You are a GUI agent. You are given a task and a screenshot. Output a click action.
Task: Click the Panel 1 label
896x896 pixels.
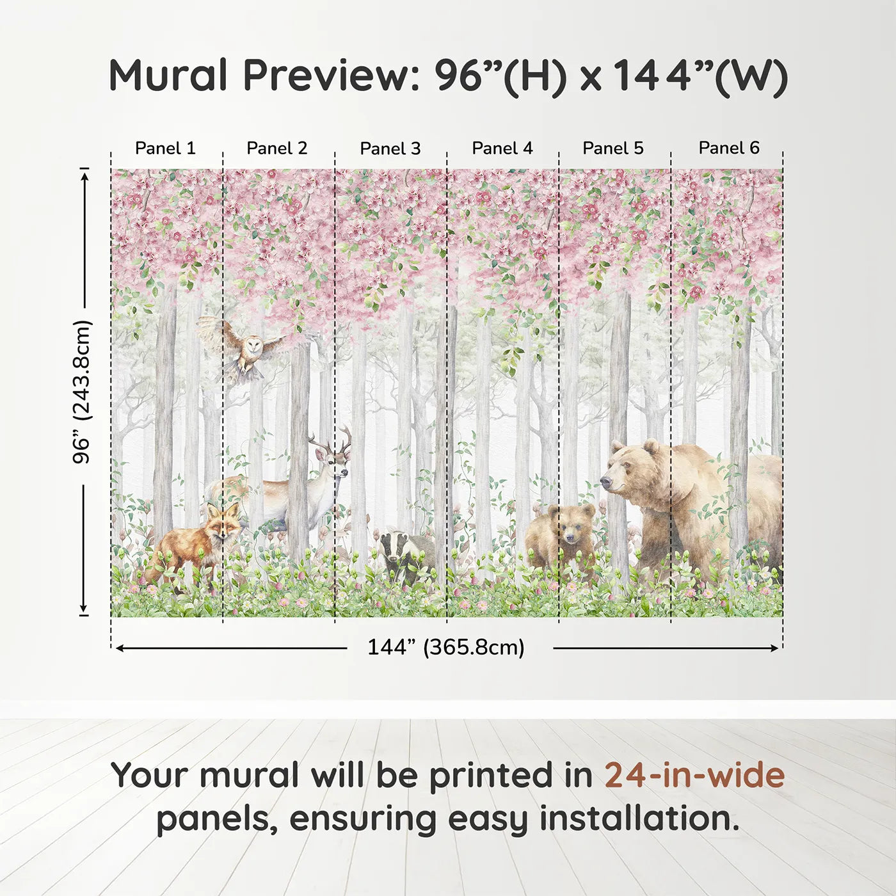tap(165, 148)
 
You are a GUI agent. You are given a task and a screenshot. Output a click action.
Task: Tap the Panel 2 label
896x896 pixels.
tap(276, 148)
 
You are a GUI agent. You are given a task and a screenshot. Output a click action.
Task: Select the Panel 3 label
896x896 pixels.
tap(390, 148)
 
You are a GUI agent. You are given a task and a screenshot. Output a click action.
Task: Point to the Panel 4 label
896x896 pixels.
tap(502, 148)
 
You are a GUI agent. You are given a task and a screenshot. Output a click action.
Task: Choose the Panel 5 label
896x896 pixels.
tap(612, 148)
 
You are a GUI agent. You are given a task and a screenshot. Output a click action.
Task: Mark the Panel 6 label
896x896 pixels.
tap(728, 148)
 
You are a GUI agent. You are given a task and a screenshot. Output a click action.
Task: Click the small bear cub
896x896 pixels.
tap(563, 534)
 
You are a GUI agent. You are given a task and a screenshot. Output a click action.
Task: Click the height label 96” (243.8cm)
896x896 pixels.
tap(82, 392)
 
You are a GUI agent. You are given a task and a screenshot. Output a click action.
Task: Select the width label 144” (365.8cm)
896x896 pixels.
tap(445, 648)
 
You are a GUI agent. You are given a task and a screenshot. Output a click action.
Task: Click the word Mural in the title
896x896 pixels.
tap(168, 76)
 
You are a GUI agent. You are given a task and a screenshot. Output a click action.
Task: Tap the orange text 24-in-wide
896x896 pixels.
tap(694, 776)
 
